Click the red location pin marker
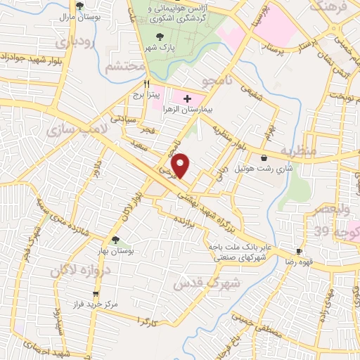pos(181,165)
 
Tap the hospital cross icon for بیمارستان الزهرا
pos(188,100)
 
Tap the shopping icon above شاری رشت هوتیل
pos(264,157)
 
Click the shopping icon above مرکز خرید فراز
pos(96,295)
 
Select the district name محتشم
pos(124,67)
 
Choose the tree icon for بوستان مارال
pos(79,5)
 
